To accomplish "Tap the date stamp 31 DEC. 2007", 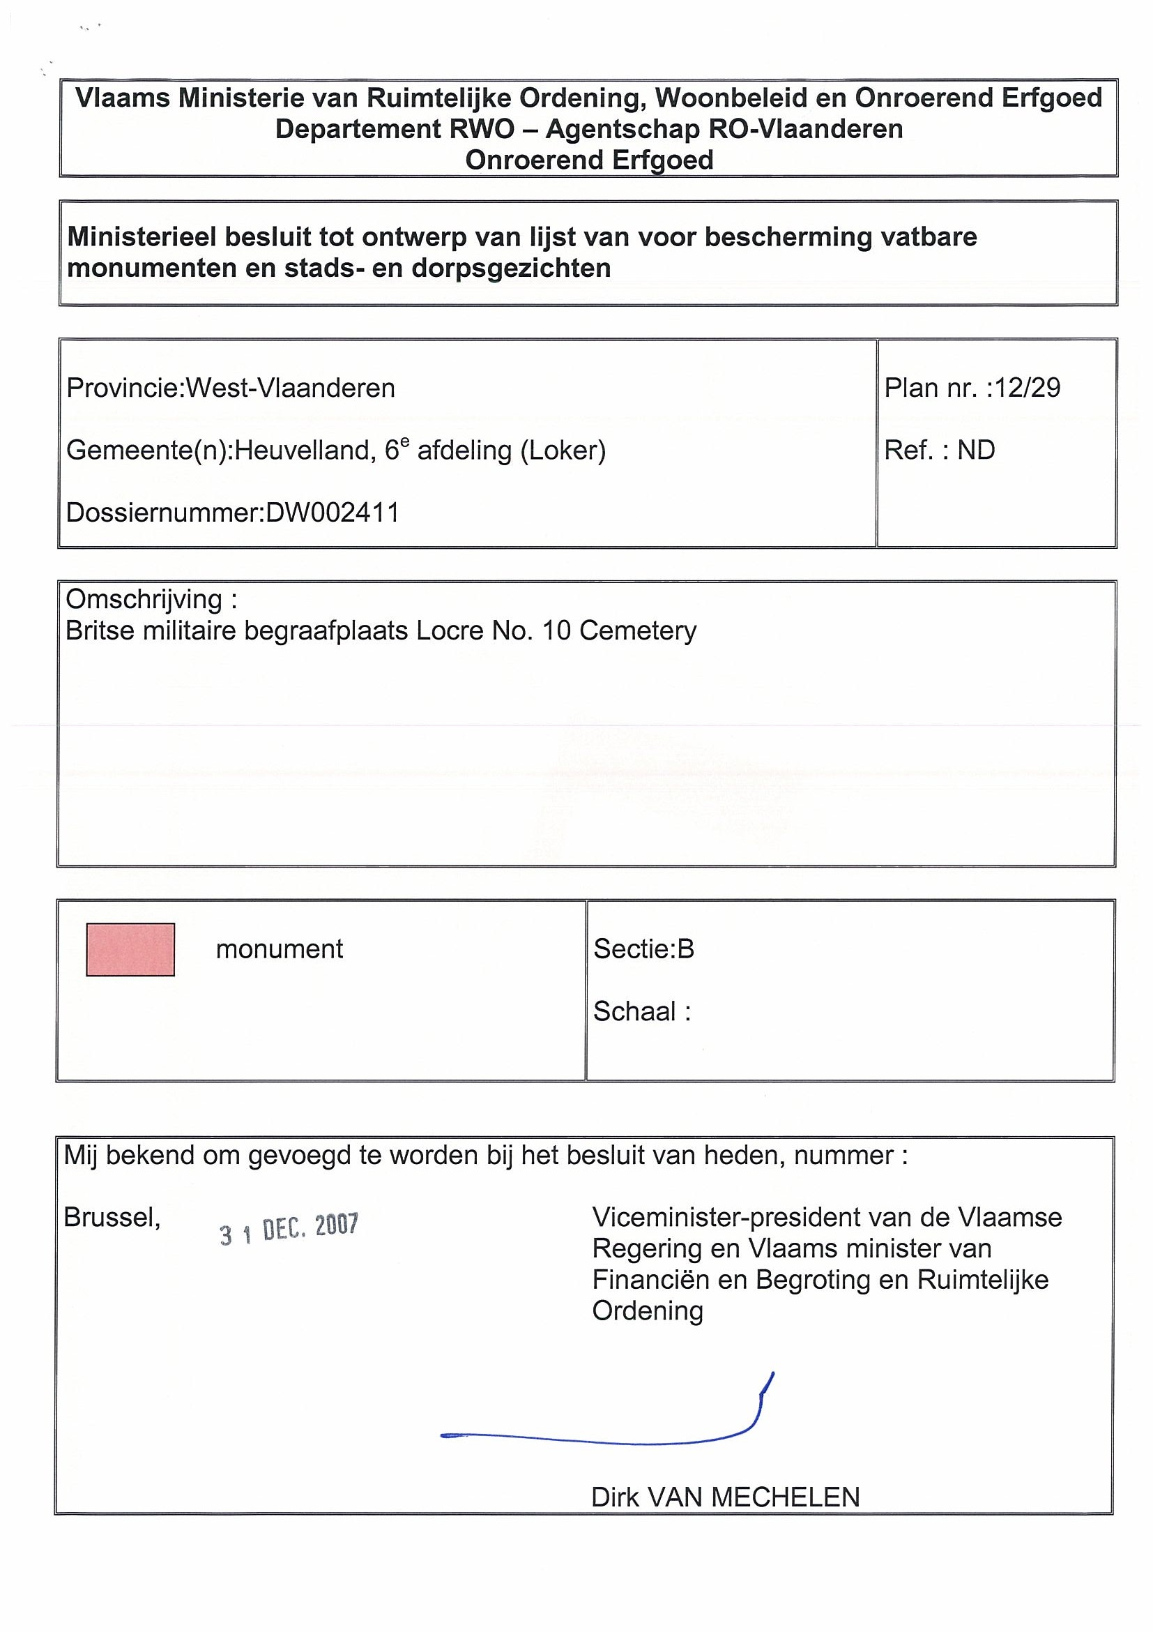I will (x=289, y=1229).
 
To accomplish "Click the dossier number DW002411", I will (x=332, y=513).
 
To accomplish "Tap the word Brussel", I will (x=112, y=1218).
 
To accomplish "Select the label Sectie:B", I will (x=643, y=949).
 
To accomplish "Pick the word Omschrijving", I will (x=144, y=599).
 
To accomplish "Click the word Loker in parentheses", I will (x=563, y=450).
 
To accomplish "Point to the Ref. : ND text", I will (x=939, y=450).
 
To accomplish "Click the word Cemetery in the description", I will (x=638, y=630).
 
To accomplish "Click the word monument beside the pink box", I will (x=280, y=949).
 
